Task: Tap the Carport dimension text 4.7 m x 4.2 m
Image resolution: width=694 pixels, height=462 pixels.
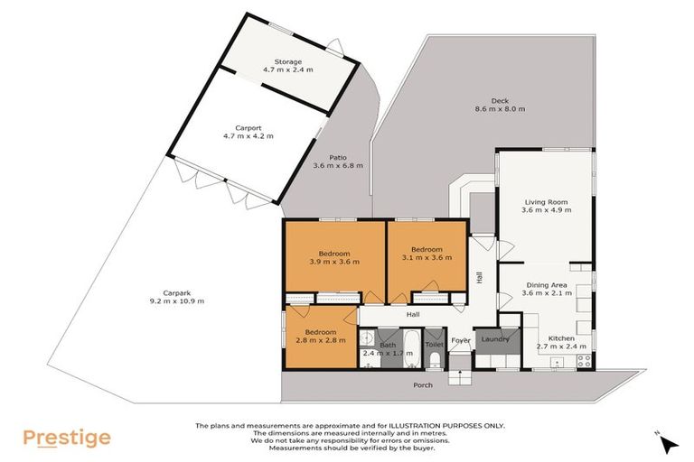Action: (248, 136)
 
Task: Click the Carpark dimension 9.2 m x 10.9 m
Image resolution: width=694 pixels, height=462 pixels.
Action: (178, 300)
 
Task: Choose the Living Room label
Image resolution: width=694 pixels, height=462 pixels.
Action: (545, 202)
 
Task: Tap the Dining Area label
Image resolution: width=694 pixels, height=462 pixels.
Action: (546, 285)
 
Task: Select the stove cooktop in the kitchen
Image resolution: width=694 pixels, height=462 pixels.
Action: (584, 359)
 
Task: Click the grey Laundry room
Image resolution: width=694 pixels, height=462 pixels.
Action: (497, 340)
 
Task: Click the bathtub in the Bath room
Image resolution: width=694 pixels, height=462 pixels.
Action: (408, 347)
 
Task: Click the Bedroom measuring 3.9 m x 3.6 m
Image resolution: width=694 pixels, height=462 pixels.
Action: (333, 256)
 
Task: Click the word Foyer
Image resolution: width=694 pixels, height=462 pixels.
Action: (461, 340)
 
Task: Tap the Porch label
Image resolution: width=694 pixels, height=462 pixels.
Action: (423, 385)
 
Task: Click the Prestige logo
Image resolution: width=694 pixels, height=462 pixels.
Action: (68, 439)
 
